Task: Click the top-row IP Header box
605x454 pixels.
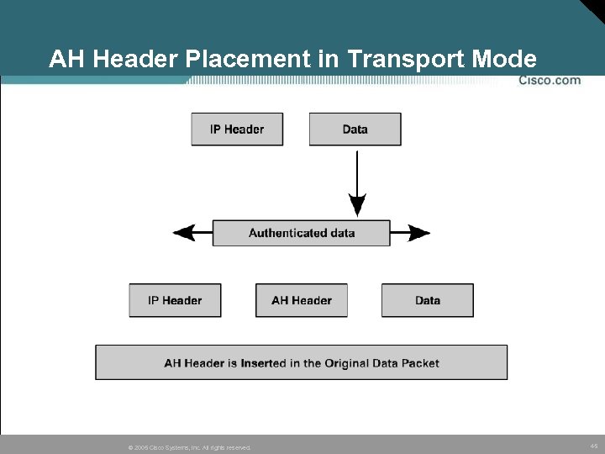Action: coord(237,129)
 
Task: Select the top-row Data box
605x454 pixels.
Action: coord(355,129)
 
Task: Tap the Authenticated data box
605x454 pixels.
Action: coord(301,233)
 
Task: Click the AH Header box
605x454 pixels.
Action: coord(301,300)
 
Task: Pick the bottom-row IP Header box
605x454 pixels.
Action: coord(175,300)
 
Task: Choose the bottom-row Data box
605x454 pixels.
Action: coord(427,300)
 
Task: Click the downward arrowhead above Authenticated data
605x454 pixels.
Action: coord(357,205)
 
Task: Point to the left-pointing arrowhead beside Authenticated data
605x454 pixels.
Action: coord(183,233)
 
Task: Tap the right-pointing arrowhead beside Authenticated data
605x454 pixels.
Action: coord(419,233)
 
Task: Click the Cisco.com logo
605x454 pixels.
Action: coord(550,81)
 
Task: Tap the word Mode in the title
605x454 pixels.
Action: coord(505,60)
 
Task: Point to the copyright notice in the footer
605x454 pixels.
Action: coord(188,447)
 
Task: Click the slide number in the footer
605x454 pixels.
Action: coord(593,446)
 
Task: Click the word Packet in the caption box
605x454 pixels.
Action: coord(420,363)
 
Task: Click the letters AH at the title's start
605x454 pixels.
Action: coord(64,60)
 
